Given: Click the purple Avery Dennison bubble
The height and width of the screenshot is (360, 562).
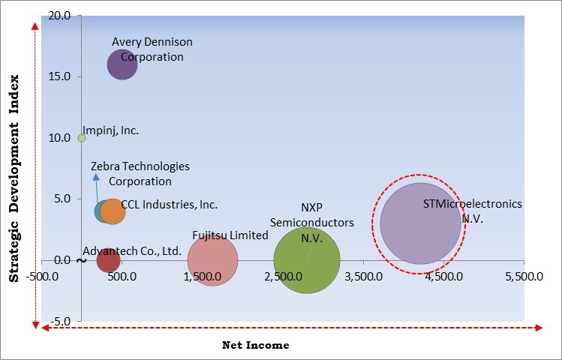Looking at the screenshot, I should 122,64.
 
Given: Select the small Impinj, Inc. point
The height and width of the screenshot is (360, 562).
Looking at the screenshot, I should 82,138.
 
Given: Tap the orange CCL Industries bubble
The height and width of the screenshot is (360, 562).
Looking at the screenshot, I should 113,211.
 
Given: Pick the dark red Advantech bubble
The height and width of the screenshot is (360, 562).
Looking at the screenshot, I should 108,260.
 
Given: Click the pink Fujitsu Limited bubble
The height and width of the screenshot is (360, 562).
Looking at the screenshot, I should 212,260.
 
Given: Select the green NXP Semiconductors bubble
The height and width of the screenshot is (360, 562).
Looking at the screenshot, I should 306,260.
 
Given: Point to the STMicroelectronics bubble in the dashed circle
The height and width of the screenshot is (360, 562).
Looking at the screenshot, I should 420,223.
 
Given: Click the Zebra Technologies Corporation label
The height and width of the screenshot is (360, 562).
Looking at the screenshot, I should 140,173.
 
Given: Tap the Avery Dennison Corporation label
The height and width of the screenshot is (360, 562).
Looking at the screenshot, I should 152,49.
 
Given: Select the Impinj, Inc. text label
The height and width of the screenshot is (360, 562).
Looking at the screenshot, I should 111,130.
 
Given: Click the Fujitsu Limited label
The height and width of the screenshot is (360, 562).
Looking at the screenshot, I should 230,235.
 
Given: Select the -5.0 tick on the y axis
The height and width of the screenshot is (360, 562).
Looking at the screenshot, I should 62,322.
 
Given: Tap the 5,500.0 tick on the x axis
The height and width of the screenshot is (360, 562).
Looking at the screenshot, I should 524,275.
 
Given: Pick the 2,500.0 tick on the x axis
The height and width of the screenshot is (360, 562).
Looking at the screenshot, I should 283,275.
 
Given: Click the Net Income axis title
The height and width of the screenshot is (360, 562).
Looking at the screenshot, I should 255,345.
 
